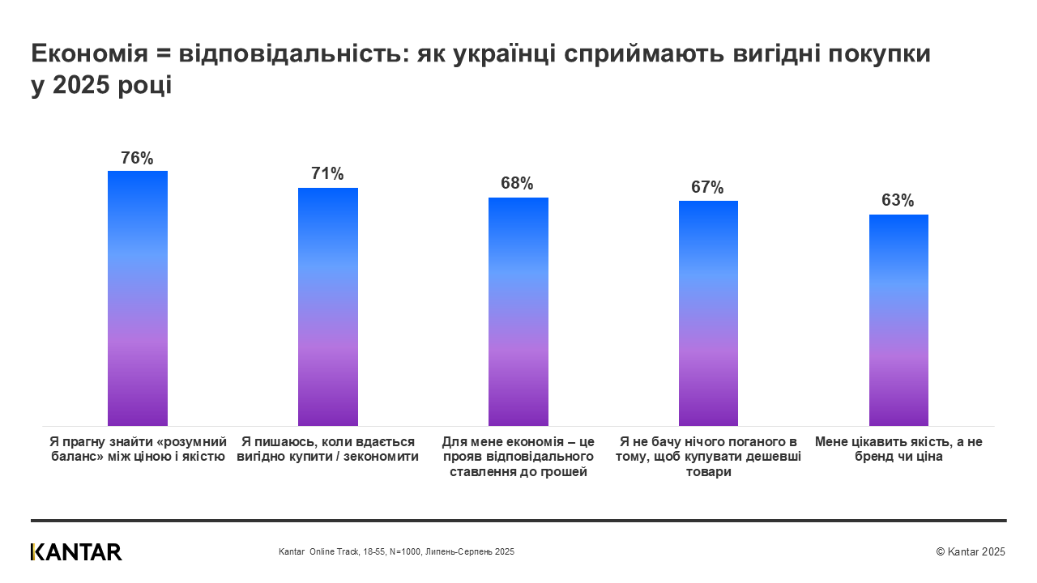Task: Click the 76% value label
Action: click(x=137, y=158)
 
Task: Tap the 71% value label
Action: click(x=327, y=173)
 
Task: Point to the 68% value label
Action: click(x=518, y=183)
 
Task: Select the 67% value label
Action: click(x=707, y=187)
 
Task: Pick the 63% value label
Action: click(x=898, y=200)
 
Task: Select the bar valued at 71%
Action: click(x=327, y=307)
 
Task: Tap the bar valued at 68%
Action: click(x=518, y=312)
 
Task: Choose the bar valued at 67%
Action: click(x=707, y=313)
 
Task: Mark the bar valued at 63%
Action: click(x=898, y=320)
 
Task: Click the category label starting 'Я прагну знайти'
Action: click(x=137, y=449)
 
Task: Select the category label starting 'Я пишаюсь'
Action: click(x=327, y=449)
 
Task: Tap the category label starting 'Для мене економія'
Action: click(x=518, y=457)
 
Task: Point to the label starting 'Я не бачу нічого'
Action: click(x=707, y=457)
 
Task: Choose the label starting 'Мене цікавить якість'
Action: click(x=898, y=449)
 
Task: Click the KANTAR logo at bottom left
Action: click(x=76, y=552)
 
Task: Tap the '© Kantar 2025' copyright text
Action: click(x=970, y=551)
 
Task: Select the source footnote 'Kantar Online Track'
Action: click(x=396, y=551)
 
